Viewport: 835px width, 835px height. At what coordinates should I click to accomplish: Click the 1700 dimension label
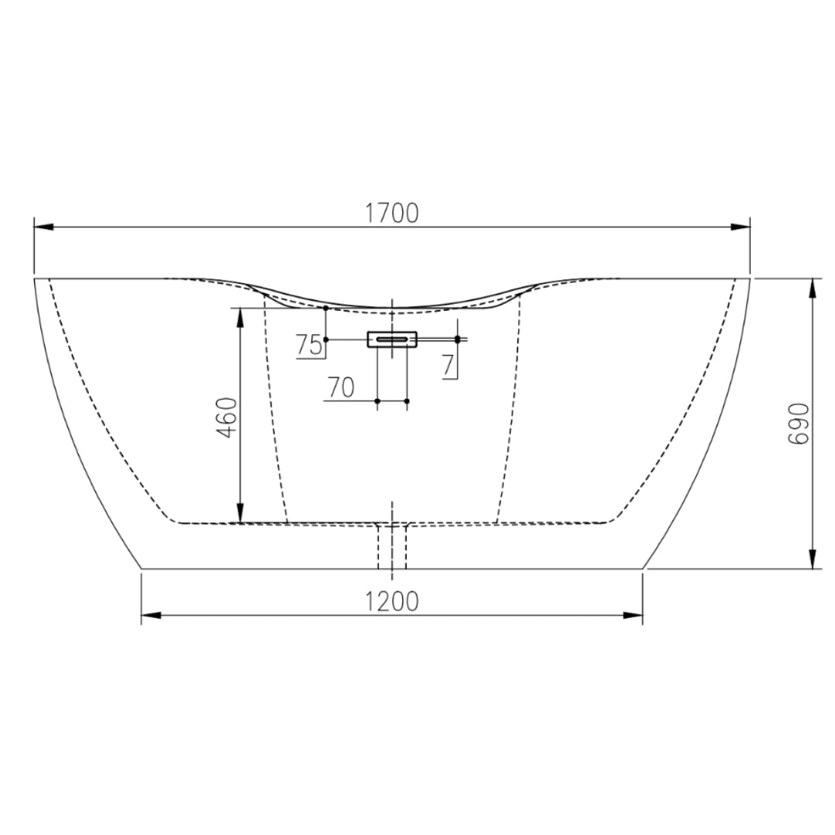click(x=392, y=213)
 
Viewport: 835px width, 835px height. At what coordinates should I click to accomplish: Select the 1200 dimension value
click(x=392, y=601)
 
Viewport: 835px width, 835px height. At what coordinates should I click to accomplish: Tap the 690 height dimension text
click(x=798, y=423)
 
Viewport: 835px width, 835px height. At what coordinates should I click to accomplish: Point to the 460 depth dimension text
click(x=227, y=417)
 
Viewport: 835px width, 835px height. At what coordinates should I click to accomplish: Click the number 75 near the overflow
click(x=308, y=346)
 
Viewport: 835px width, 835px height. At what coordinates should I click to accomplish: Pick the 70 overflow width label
click(x=341, y=387)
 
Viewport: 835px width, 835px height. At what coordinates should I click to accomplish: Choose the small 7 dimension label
click(x=448, y=364)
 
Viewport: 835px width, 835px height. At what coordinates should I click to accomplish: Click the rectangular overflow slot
click(x=392, y=339)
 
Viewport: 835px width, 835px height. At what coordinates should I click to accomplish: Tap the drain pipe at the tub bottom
click(x=392, y=546)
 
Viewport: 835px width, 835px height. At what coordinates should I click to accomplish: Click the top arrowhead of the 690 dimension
click(x=813, y=287)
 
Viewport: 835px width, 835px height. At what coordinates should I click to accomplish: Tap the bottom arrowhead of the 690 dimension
click(x=813, y=559)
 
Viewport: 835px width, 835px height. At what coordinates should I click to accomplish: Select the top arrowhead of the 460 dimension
click(x=240, y=316)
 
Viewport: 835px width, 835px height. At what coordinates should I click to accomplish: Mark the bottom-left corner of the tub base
click(x=142, y=568)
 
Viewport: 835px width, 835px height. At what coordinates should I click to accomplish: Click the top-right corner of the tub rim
click(x=750, y=278)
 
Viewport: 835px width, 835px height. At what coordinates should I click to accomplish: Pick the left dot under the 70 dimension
click(x=377, y=400)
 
